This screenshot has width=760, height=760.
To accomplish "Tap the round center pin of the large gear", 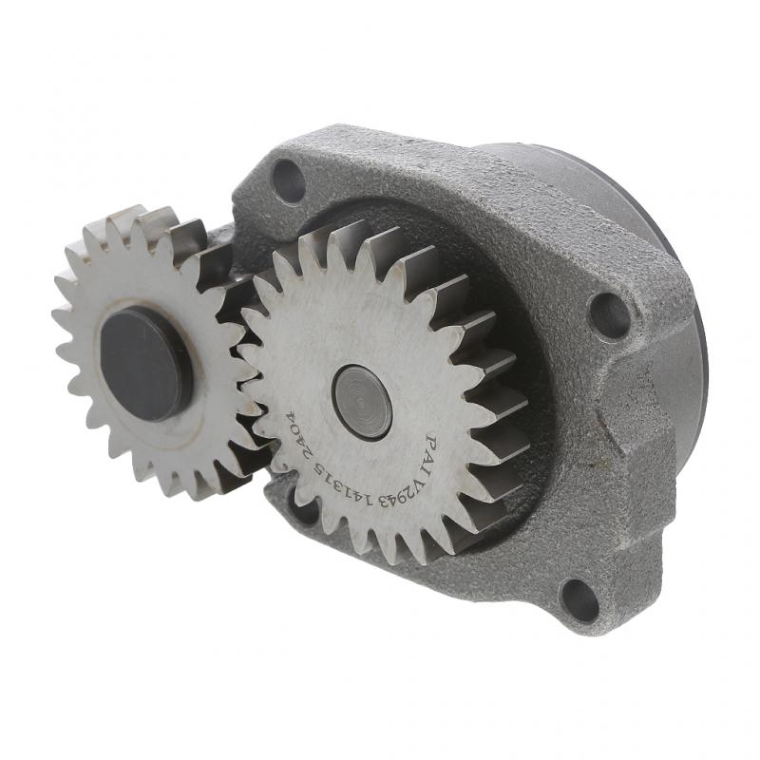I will click(363, 402).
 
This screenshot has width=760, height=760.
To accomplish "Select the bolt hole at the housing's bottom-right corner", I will click(579, 599).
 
